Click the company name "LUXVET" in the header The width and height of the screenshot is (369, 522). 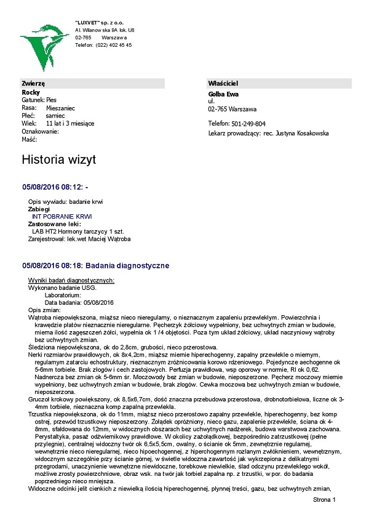[x=91, y=22]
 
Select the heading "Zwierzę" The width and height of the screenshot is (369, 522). [x=34, y=83]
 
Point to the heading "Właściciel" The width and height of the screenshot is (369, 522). [x=223, y=83]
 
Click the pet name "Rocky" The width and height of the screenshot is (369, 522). [x=31, y=92]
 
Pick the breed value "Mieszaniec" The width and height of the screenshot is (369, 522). [x=60, y=108]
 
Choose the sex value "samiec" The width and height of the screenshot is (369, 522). [x=55, y=116]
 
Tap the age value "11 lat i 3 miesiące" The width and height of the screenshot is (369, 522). [x=70, y=124]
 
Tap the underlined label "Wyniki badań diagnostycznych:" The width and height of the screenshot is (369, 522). [x=71, y=281]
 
